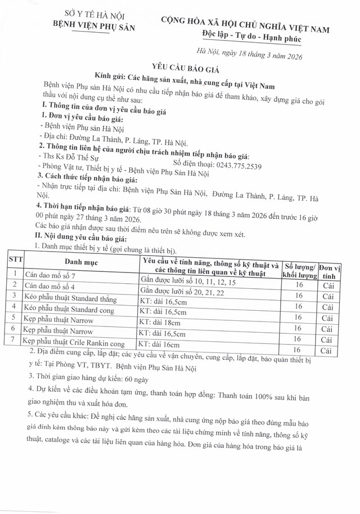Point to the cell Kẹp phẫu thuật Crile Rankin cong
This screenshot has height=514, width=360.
[x=73, y=343]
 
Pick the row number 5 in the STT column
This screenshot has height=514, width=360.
[x=12, y=320]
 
